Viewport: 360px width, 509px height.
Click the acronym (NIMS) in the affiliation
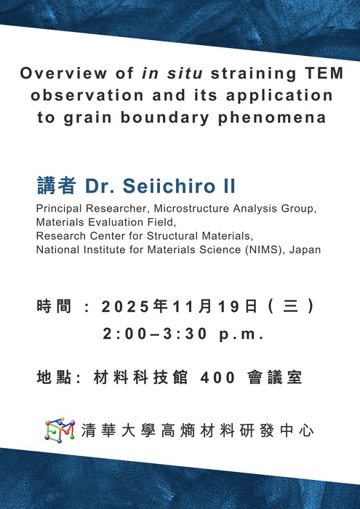point(266,249)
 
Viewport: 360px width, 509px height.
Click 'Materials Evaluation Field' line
point(105,223)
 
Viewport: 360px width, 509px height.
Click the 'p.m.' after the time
point(241,334)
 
